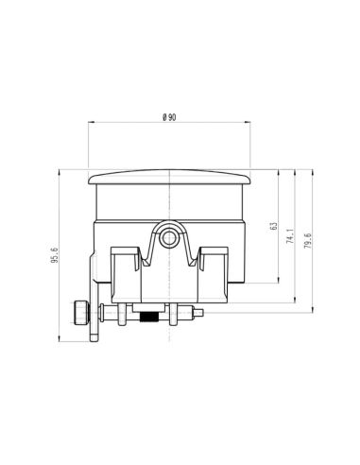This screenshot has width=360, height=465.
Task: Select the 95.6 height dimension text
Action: click(56, 254)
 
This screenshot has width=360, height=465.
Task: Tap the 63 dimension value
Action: click(273, 227)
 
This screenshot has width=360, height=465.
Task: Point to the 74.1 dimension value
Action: click(290, 237)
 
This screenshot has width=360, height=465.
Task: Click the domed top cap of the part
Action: click(170, 177)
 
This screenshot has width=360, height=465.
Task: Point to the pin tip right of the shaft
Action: click(200, 313)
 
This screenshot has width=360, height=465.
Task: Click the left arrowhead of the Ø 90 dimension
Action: click(90, 123)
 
